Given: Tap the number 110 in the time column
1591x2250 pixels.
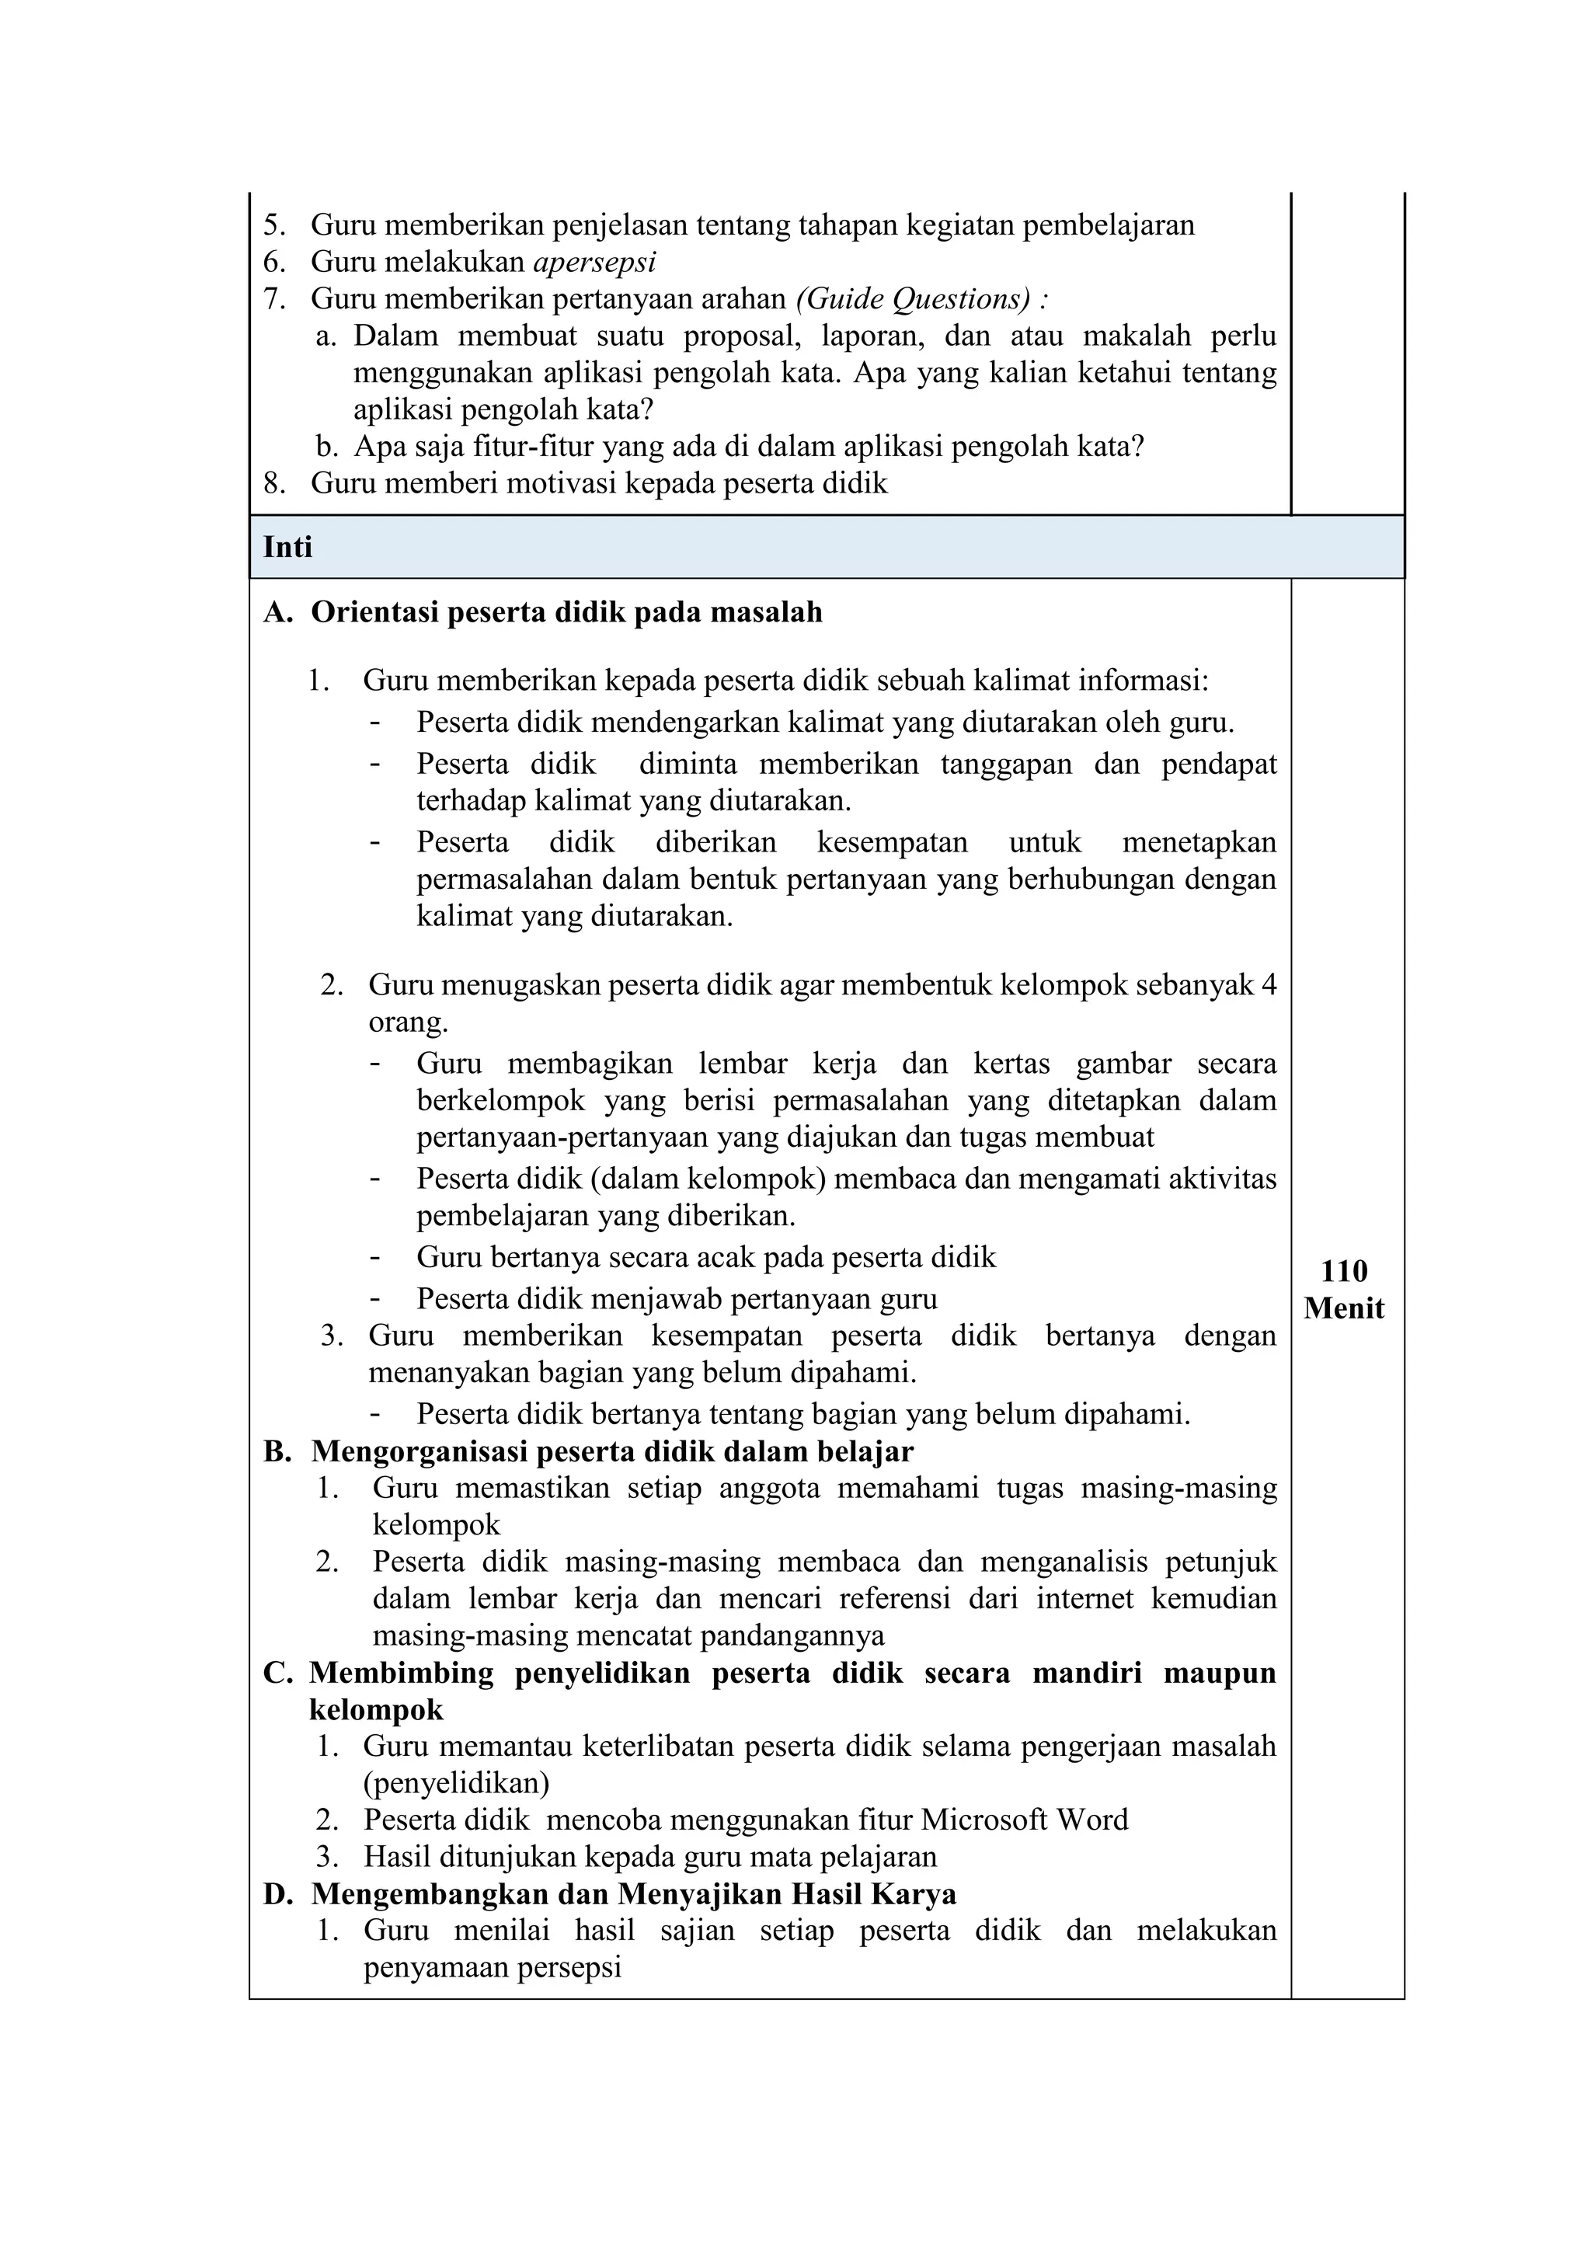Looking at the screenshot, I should [x=1343, y=1271].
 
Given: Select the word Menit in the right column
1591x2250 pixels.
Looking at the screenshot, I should [x=1344, y=1308].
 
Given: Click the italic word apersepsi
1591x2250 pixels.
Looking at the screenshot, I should [x=594, y=263].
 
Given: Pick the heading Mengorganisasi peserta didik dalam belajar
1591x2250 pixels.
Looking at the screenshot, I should [x=612, y=1451].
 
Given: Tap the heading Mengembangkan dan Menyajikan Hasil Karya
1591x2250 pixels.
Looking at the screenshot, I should [x=634, y=1894].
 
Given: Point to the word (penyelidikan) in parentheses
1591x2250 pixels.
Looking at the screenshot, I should [x=455, y=1782].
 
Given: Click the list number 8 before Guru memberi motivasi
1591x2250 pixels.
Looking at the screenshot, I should [x=273, y=484].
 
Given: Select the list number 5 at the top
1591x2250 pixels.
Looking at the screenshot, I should [x=273, y=226].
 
